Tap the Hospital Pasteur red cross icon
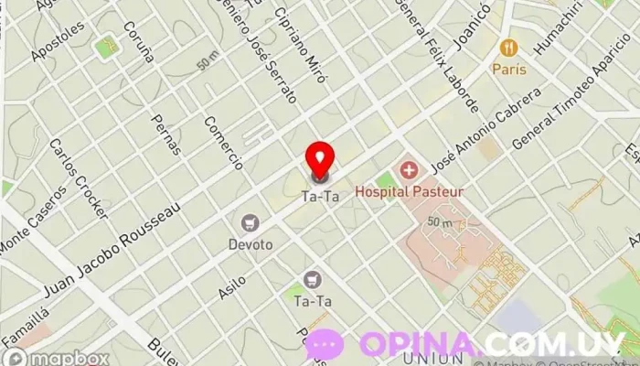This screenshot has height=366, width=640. (x=408, y=170)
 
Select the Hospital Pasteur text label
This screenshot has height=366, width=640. (x=409, y=192)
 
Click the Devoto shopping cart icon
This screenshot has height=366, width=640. (x=249, y=222)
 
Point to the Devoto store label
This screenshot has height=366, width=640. (x=249, y=244)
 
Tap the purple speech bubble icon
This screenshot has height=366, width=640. (x=325, y=345)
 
